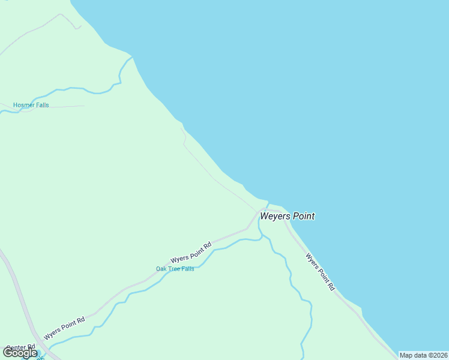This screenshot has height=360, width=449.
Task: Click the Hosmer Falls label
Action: click(x=31, y=105)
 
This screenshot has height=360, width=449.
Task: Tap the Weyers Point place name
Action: click(x=287, y=216)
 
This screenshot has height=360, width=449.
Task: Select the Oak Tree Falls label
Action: click(x=175, y=269)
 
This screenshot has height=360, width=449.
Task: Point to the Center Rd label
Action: click(x=20, y=347)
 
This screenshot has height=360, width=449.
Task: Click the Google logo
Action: click(x=20, y=353)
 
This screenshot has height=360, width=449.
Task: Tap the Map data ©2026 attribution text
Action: click(x=423, y=355)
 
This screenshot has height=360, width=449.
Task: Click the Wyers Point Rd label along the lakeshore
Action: click(x=320, y=272)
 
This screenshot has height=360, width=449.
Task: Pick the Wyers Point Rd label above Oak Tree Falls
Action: click(x=191, y=252)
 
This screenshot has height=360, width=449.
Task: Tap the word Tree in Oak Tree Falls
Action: click(x=175, y=269)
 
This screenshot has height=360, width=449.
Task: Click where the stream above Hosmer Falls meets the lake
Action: click(x=132, y=57)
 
